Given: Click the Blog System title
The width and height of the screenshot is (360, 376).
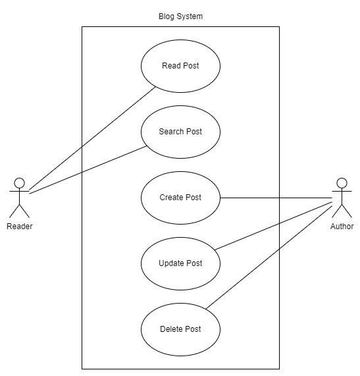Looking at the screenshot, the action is pos(180,16).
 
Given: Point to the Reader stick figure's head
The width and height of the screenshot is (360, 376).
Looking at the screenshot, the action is pos(19,183).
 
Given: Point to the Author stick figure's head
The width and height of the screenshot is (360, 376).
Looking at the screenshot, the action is pos(342,183).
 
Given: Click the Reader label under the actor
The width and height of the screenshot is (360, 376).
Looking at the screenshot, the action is pos(19,227).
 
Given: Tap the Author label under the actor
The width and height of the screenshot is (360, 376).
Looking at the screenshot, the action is pos(342,227).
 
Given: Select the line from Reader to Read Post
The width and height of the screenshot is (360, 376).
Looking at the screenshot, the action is pos(93,138).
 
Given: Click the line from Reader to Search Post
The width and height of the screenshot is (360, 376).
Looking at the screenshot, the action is pos(88,169).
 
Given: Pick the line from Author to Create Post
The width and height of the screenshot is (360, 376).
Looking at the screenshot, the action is pos(276,198).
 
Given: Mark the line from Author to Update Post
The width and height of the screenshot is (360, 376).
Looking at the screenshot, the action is pos(274,226).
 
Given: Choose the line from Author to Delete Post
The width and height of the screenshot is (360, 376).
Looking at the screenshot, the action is pos(269,257).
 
